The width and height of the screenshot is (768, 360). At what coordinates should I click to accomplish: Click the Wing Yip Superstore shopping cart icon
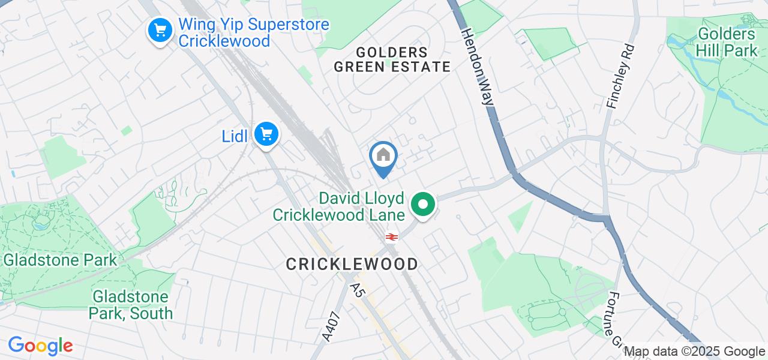[160, 29]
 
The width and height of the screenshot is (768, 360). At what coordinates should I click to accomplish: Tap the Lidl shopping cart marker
[266, 133]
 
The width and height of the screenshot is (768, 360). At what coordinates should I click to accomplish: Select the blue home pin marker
[383, 157]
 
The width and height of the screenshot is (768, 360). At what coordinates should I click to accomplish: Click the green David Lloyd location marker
[424, 204]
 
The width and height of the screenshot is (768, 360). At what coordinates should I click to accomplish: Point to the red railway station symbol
[392, 237]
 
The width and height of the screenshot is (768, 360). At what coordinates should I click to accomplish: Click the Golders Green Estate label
[392, 59]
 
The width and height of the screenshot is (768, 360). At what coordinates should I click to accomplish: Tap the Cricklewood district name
[352, 264]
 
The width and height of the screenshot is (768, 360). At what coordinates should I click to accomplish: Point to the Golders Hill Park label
[727, 42]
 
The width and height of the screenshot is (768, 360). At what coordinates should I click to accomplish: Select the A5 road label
[358, 290]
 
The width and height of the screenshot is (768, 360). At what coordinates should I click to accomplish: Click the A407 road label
[331, 328]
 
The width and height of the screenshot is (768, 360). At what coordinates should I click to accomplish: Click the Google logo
[40, 346]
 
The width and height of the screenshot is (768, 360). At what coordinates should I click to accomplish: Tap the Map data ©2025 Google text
[694, 352]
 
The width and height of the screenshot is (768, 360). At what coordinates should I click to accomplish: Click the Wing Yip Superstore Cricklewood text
[254, 34]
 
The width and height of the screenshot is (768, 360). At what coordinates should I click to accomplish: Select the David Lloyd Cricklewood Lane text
[338, 206]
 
